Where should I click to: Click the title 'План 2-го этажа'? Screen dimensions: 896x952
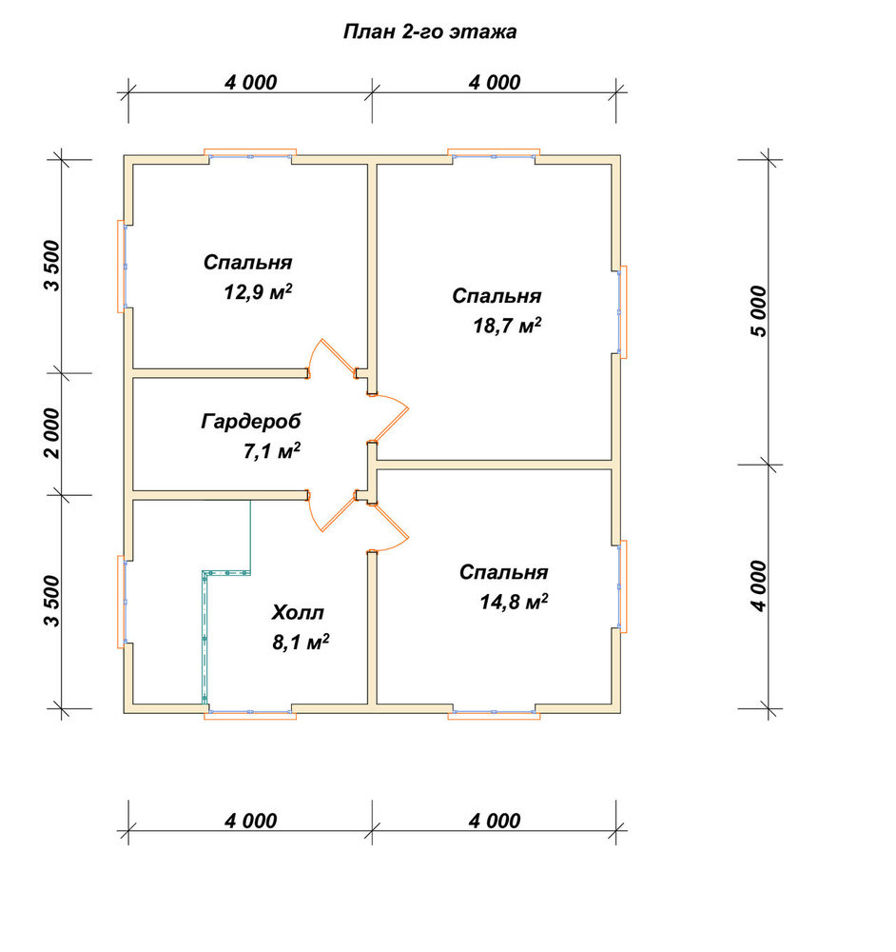click(430, 31)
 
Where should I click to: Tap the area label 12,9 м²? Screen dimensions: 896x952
click(258, 292)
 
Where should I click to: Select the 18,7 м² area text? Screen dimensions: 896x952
click(507, 326)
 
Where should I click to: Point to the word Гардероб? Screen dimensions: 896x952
click(250, 422)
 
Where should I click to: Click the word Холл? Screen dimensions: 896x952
click(298, 612)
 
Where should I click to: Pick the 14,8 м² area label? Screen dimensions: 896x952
click(514, 602)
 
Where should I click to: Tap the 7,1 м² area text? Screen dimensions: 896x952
click(272, 451)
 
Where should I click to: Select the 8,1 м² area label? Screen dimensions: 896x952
click(301, 642)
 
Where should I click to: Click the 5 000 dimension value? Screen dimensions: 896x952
click(758, 311)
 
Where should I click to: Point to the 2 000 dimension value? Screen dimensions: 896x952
click(52, 433)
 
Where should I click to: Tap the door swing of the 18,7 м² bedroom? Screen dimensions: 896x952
click(389, 418)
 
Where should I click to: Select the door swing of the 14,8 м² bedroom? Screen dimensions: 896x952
click(389, 527)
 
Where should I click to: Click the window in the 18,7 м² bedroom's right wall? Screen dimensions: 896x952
click(622, 311)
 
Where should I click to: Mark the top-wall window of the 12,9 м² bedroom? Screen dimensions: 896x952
click(250, 153)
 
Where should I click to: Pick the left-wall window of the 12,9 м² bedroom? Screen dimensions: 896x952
click(122, 266)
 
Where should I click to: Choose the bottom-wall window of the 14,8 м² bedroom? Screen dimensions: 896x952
click(494, 715)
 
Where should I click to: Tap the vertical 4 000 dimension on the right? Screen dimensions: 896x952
click(758, 585)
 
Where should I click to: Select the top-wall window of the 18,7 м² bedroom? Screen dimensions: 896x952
click(494, 153)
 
